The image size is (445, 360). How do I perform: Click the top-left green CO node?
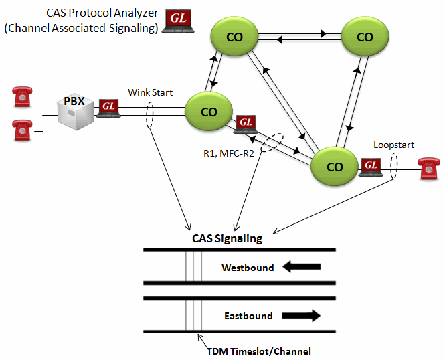pos(234,37)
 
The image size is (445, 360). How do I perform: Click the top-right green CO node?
pos(365,37)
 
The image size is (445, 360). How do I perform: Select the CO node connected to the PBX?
pos(209,112)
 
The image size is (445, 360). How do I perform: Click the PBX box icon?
pos(75,110)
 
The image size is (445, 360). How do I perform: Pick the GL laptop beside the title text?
pos(177,19)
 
